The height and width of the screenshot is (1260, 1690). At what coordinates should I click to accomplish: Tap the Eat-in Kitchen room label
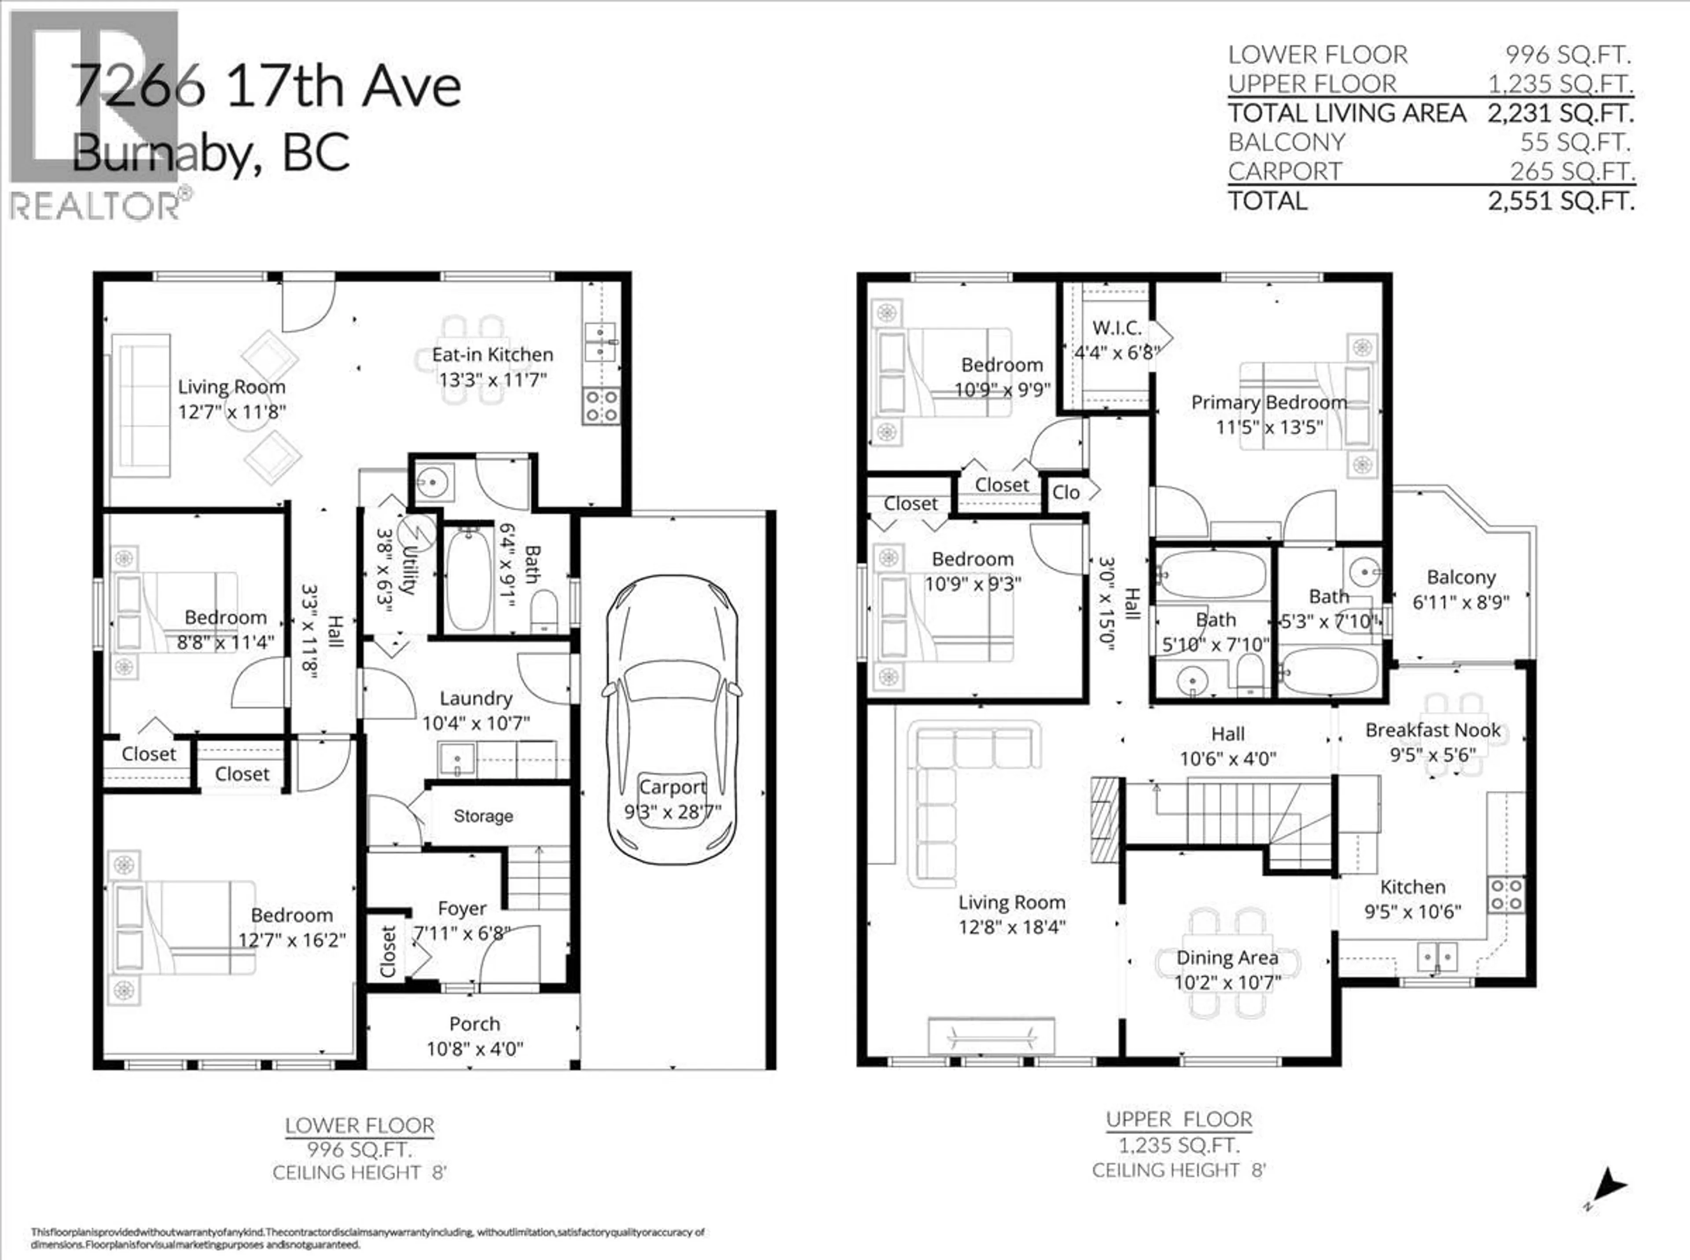[x=492, y=355]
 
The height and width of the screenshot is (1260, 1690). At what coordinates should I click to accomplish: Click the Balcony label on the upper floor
[x=1460, y=577]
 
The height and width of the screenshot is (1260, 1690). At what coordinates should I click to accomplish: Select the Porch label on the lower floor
[x=474, y=1024]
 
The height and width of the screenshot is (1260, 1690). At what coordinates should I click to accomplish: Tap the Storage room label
[x=483, y=816]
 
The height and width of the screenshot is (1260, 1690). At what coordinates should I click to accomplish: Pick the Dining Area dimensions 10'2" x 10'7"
[x=1227, y=982]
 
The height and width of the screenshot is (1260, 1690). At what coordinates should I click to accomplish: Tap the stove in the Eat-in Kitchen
[x=601, y=406]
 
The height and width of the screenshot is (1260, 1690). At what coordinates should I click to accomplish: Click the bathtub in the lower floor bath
[x=468, y=580]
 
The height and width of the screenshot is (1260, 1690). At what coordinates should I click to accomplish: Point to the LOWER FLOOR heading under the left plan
[x=360, y=1126]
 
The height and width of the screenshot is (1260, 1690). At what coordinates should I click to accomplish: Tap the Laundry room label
[x=475, y=699]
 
